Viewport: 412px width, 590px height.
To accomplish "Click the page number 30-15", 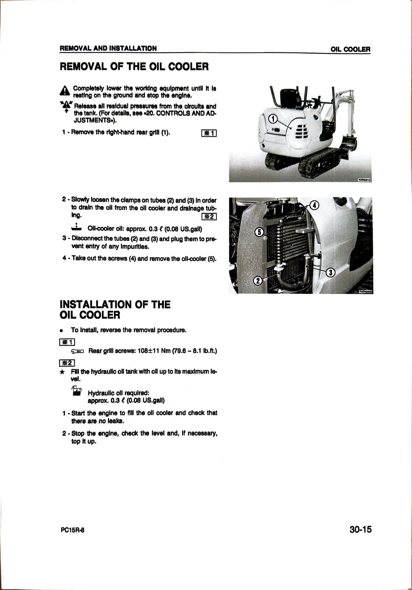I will pos(360,529).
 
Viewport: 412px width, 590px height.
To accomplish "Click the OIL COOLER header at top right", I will pos(350,49).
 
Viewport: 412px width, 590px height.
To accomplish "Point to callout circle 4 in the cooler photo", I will pos(314,205).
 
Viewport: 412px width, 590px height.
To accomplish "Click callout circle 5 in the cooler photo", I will pos(259,232).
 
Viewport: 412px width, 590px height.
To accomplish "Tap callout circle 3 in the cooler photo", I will pos(330,273).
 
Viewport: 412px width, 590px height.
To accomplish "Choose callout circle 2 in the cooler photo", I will pos(258,281).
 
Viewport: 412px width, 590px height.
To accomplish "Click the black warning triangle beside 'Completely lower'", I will pos(65,91).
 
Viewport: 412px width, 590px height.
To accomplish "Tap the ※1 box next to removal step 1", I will pos(209,133).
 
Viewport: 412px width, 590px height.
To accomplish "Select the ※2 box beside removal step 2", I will pos(209,217).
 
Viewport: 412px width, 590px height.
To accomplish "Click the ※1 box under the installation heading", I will pos(67,342).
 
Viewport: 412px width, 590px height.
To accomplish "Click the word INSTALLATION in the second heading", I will pos(96,304).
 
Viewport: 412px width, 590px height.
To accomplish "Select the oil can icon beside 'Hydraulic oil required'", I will pos(77,391).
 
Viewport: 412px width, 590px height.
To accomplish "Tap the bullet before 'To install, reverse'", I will pos(61,331).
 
